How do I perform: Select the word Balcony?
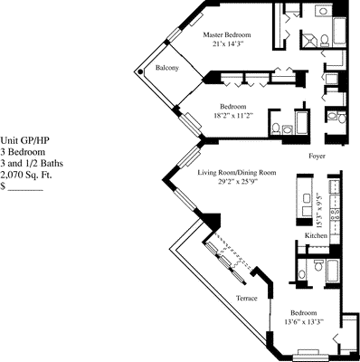coord(166,69)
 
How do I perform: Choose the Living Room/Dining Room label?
coord(237,170)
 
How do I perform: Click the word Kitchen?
coord(316,235)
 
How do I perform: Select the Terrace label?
coord(247,298)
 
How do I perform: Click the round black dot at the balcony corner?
coord(139,71)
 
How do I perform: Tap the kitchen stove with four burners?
coord(335,218)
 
